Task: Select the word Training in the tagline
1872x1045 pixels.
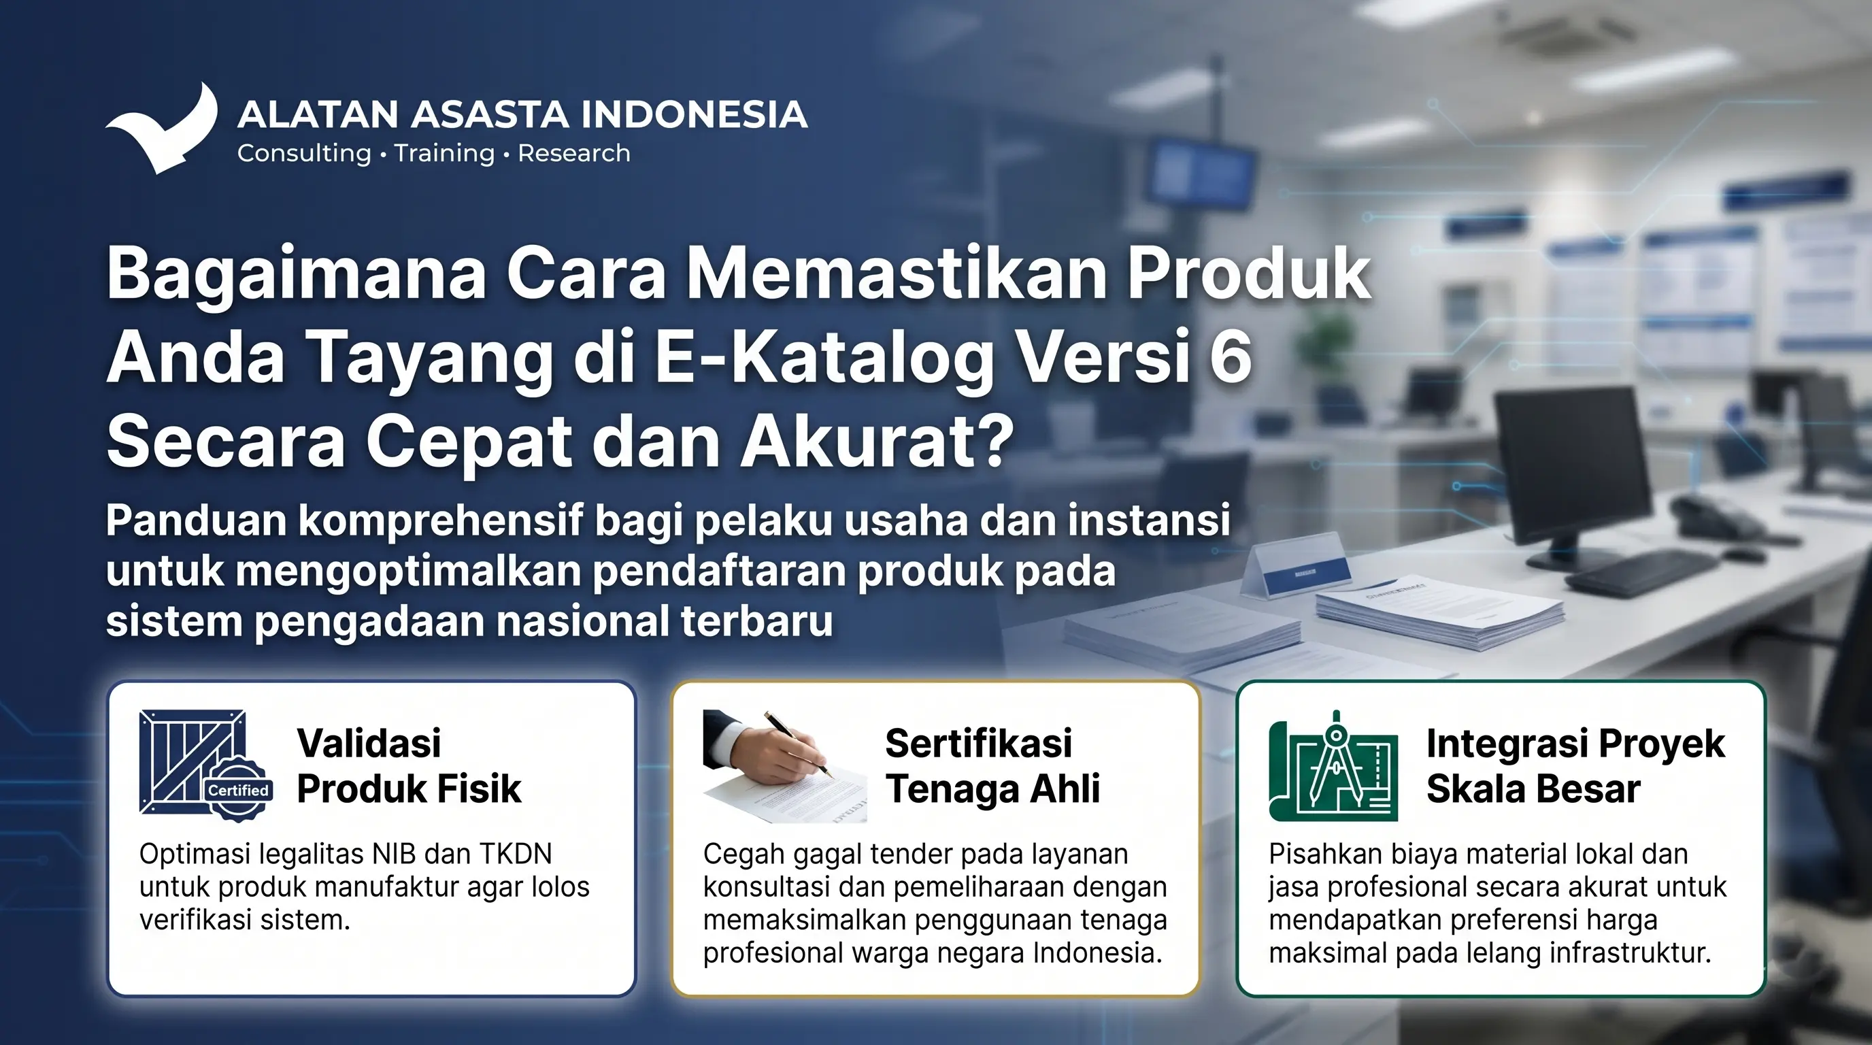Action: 444,153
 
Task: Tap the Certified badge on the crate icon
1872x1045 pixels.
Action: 238,790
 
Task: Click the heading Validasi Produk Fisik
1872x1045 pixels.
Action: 408,766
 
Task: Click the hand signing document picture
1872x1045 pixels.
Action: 784,766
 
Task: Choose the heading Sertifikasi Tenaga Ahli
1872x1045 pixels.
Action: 992,766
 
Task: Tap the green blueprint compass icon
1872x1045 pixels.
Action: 1333,766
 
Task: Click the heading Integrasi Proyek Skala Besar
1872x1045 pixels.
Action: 1575,766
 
